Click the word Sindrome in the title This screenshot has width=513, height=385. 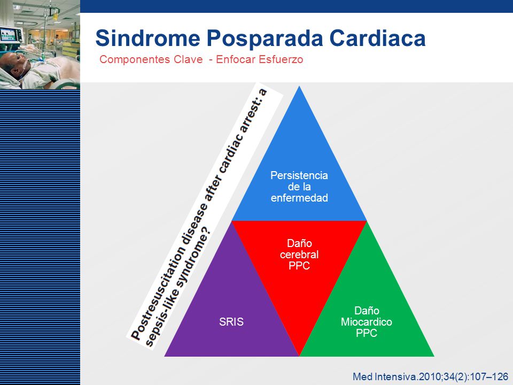coord(147,38)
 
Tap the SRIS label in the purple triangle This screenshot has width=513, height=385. coord(231,322)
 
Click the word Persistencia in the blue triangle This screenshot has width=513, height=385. coord(299,175)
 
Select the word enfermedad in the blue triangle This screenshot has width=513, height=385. coord(299,198)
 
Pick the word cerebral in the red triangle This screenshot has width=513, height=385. coord(299,255)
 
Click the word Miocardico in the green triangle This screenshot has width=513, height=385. coord(367,322)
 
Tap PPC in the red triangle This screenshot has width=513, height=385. coord(299,266)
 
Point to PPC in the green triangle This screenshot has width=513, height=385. coord(367,333)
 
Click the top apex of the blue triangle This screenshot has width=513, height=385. coord(299,86)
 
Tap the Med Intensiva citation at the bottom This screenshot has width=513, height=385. coord(430,376)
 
